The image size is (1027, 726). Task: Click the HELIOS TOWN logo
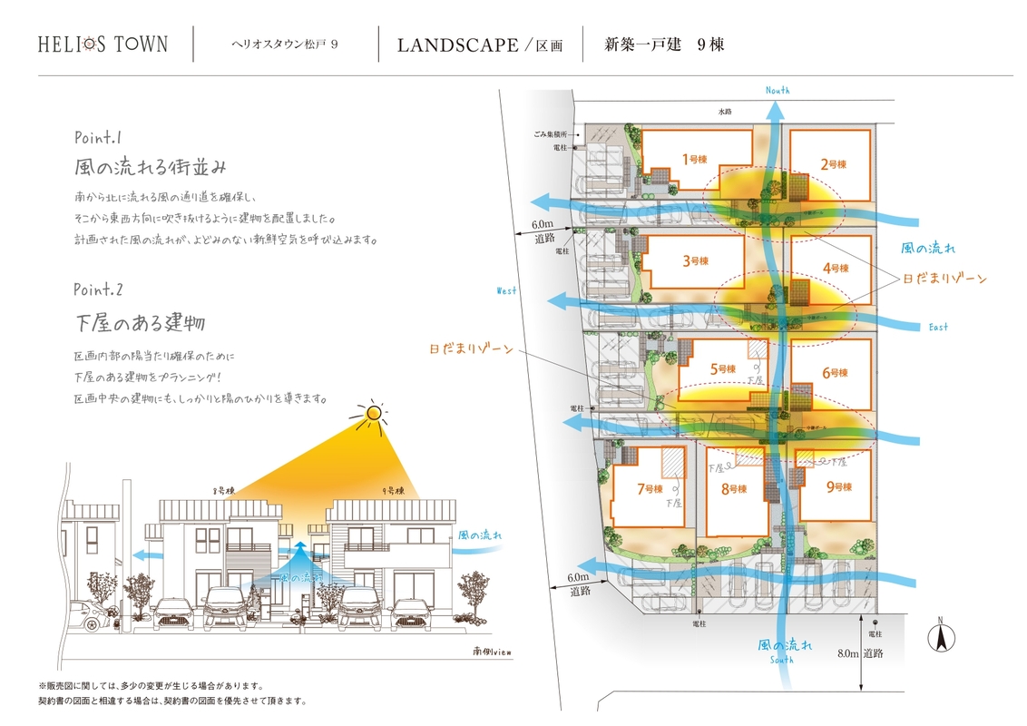(103, 44)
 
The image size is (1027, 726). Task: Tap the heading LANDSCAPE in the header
(457, 45)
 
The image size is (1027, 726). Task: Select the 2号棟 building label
(833, 164)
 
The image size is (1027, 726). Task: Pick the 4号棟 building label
(835, 268)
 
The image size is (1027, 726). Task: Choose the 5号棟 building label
(722, 369)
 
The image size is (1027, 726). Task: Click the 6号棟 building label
(834, 372)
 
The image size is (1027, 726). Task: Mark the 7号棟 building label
(650, 488)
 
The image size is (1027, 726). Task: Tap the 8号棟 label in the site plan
(733, 489)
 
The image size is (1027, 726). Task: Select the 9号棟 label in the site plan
(838, 487)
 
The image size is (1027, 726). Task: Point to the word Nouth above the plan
(778, 90)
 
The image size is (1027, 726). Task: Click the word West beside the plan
(506, 290)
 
